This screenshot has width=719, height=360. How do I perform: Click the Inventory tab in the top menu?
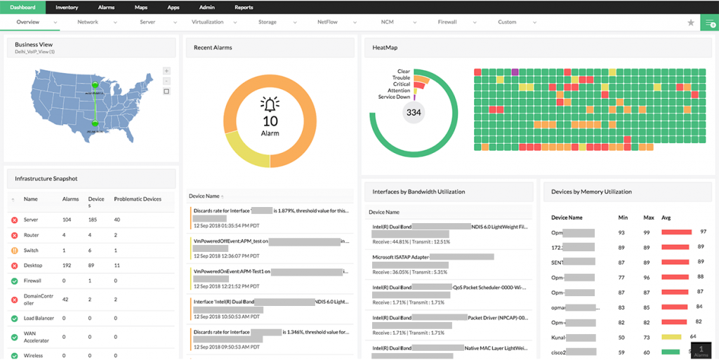[66, 7]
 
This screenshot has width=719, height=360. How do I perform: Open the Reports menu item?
[244, 7]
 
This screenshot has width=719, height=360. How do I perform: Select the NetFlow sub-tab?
[327, 22]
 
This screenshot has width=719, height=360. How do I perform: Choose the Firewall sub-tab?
[447, 22]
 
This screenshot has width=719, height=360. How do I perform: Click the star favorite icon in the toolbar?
[691, 22]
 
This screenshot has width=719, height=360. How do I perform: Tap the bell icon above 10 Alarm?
[270, 105]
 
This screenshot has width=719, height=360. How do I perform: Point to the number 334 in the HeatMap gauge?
[414, 112]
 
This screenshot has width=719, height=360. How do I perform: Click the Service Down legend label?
[394, 97]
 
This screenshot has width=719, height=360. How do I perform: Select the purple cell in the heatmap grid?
[515, 72]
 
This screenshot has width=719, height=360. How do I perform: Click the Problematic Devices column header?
[138, 199]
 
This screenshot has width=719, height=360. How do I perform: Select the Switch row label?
[31, 251]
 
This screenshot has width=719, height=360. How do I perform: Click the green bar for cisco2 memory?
[671, 352]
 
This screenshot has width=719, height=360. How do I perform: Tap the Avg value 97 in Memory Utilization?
[703, 232]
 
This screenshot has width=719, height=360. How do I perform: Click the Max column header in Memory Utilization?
[648, 218]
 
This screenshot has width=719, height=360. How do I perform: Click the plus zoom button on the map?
[166, 71]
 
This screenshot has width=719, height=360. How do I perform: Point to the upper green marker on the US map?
[95, 85]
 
